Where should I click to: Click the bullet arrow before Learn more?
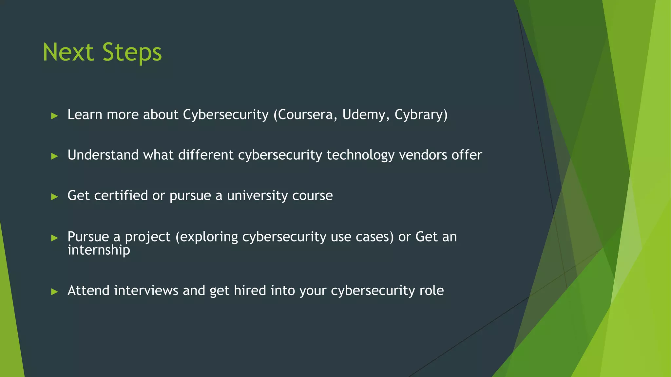(55, 116)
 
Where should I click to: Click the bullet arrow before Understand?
(55, 156)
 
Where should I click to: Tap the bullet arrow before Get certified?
(55, 197)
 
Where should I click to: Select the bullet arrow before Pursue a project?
(55, 238)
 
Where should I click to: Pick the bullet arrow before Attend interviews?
(55, 292)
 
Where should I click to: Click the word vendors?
(423, 155)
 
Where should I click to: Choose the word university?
(257, 196)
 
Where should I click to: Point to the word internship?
(99, 250)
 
